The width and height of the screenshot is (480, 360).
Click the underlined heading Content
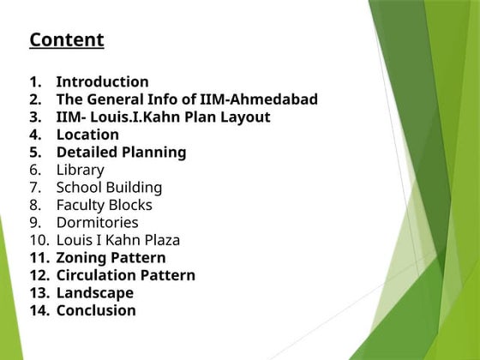(x=66, y=39)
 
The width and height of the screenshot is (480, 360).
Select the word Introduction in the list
(x=102, y=81)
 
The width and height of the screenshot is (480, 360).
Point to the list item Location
(x=87, y=135)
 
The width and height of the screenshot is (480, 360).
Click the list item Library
(x=80, y=170)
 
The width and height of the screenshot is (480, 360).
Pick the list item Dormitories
(x=97, y=223)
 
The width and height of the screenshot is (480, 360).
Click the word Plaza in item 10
(x=159, y=240)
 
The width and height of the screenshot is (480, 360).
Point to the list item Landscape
(x=94, y=293)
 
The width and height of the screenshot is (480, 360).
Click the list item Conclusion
(x=96, y=310)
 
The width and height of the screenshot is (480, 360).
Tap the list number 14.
(x=39, y=310)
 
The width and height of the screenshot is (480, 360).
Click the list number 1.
(x=35, y=81)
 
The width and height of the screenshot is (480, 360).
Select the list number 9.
(x=35, y=223)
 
